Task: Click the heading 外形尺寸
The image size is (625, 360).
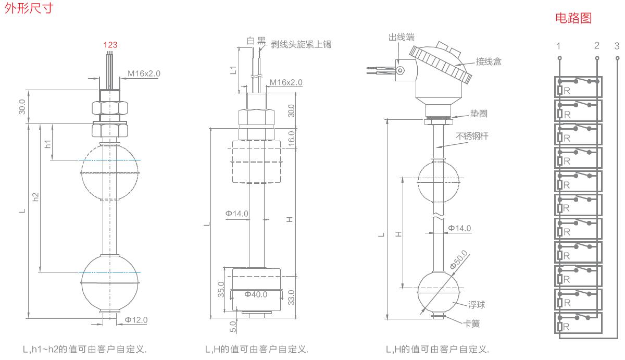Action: point(28,9)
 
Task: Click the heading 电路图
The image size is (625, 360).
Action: point(573,19)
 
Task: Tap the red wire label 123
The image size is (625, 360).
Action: point(110,45)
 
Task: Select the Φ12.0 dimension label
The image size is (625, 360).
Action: point(136,320)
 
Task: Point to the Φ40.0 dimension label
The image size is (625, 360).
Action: point(256,294)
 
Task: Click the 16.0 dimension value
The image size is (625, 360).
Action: point(292,138)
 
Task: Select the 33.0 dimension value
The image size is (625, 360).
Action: point(292,297)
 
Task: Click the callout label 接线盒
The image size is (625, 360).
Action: point(489,61)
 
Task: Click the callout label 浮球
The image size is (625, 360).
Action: point(476,305)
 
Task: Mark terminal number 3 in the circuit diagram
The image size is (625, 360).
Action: point(617,46)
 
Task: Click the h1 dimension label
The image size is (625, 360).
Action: point(48,144)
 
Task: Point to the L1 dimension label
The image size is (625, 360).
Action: point(233,70)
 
